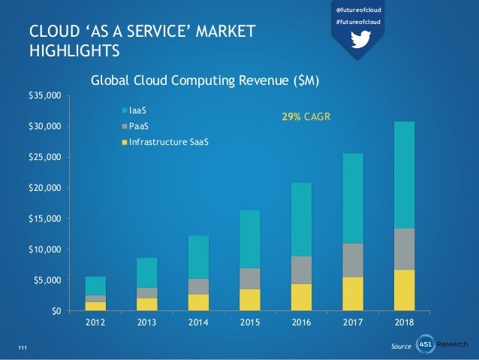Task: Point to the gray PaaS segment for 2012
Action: pyautogui.click(x=96, y=298)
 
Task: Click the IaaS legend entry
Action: pyautogui.click(x=136, y=110)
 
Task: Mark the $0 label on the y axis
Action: pyautogui.click(x=54, y=310)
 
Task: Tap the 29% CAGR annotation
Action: pyautogui.click(x=306, y=118)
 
